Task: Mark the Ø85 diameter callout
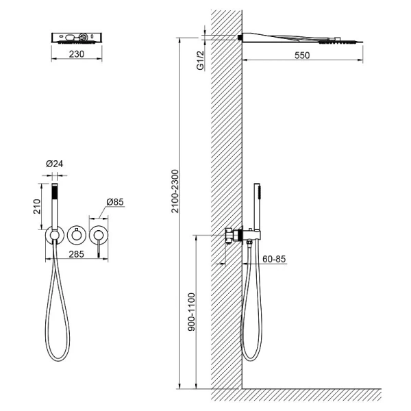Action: (x=114, y=203)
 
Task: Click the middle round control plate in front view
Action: (x=77, y=235)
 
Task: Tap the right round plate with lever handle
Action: (x=101, y=235)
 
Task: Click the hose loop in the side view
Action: (x=249, y=308)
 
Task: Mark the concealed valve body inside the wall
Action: (x=232, y=236)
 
